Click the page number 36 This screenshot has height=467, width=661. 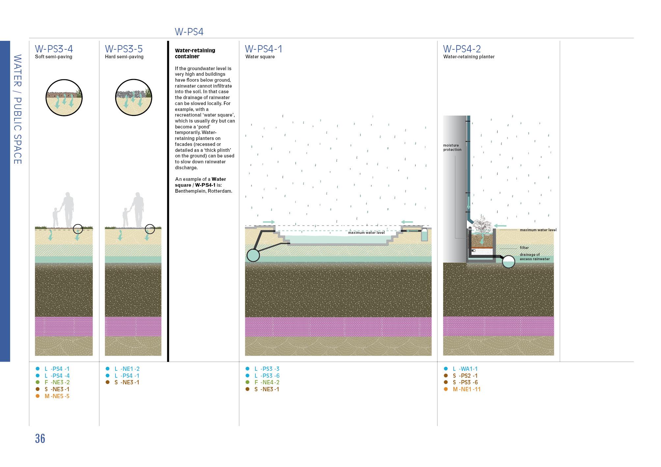tap(40, 439)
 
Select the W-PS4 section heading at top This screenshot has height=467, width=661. tap(189, 32)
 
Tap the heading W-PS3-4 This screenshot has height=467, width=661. tap(54, 49)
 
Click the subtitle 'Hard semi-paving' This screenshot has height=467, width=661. tap(124, 57)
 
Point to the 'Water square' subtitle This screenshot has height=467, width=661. tap(260, 57)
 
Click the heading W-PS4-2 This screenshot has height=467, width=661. tap(462, 49)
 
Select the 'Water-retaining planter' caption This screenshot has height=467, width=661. tap(469, 57)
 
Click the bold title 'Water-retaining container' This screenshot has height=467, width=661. tap(195, 53)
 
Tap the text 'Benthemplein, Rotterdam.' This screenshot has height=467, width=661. tap(203, 191)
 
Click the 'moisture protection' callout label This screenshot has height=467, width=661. tap(452, 148)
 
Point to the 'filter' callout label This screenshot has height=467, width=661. tap(524, 248)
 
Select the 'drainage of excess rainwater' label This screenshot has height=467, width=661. tap(535, 257)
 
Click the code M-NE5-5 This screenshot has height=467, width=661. tap(57, 396)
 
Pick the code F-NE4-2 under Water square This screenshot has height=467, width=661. tap(267, 382)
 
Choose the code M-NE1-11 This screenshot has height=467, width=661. tap(466, 389)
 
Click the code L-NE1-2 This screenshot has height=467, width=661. tap(127, 369)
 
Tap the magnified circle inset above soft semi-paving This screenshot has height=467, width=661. tap(64, 98)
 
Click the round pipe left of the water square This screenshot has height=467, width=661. tap(253, 255)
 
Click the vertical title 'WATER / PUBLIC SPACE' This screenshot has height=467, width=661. tap(17, 109)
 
